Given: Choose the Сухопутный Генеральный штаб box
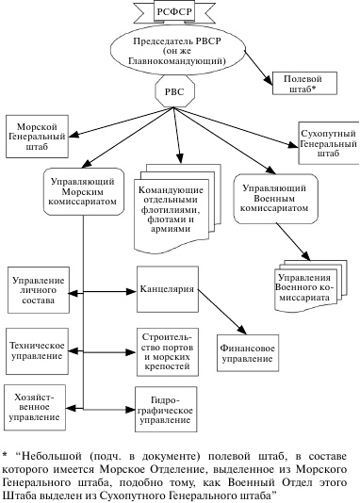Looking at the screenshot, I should [x=326, y=141].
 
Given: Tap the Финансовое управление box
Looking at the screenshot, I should [x=252, y=352].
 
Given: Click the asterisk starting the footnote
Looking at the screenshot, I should [x=5, y=452].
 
